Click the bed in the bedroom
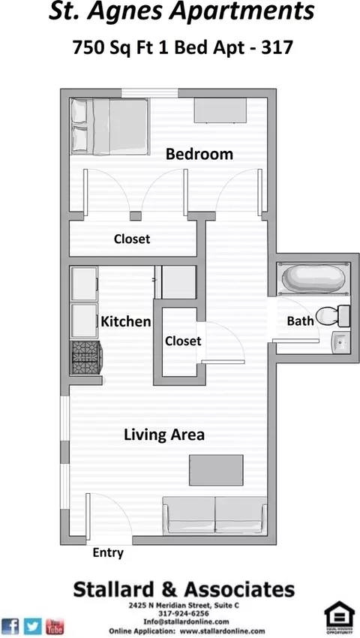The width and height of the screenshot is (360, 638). pyautogui.click(x=109, y=127)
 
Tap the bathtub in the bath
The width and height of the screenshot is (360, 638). pyautogui.click(x=313, y=278)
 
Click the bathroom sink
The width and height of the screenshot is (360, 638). pyautogui.click(x=341, y=342)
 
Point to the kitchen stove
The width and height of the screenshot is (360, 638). pyautogui.click(x=86, y=357)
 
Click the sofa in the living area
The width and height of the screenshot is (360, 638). pyautogui.click(x=214, y=515)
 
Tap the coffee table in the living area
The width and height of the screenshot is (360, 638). pyautogui.click(x=216, y=471)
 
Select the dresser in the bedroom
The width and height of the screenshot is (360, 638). pyautogui.click(x=220, y=110)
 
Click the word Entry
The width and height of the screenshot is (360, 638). pyautogui.click(x=108, y=553)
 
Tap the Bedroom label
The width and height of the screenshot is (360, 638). pyautogui.click(x=199, y=154)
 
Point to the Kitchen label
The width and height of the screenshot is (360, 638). pyautogui.click(x=126, y=321)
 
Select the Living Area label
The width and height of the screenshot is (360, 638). pyautogui.click(x=164, y=435)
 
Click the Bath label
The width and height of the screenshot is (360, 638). pyautogui.click(x=300, y=321)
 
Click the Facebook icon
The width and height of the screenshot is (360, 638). pyautogui.click(x=10, y=626)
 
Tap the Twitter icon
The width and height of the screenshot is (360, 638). pyautogui.click(x=32, y=626)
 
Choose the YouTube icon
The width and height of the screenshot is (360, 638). pyautogui.click(x=55, y=626)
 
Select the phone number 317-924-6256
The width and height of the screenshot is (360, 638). pyautogui.click(x=184, y=613)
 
